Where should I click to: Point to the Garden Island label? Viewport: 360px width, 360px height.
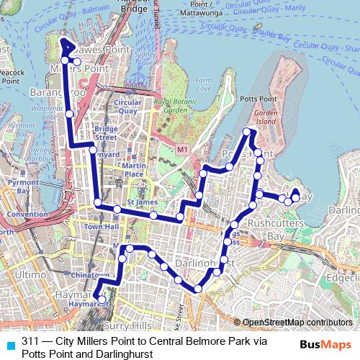[266, 118]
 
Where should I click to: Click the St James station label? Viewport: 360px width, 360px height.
[142, 202]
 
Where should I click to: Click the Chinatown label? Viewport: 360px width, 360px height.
[90, 276]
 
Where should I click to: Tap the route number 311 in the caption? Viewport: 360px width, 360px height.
[30, 341]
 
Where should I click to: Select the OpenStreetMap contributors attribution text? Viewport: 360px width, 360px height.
[297, 322]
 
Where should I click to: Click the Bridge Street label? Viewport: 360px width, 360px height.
[106, 133]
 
